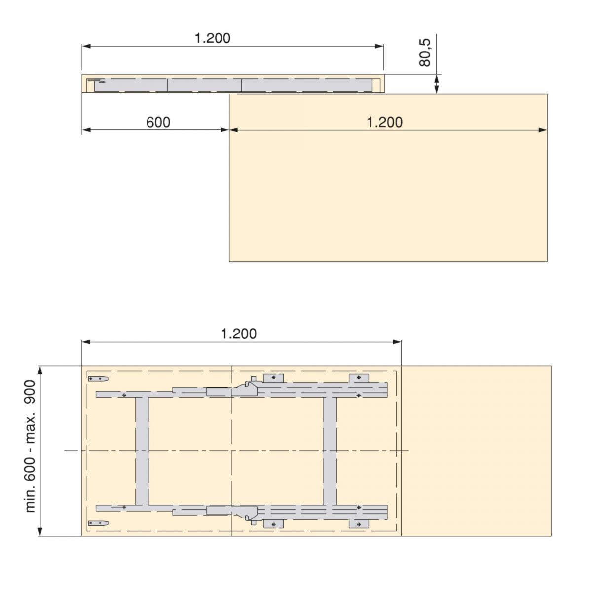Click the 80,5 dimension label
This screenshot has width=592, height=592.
point(425,52)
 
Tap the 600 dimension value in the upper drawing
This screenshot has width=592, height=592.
point(158,122)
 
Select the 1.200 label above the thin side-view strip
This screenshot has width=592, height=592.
point(213,38)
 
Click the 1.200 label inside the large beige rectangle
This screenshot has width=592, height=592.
point(384,122)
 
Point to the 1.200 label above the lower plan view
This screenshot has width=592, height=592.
point(238,333)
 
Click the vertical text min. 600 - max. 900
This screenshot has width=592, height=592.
point(31,446)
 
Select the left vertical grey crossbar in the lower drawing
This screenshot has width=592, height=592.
point(142,450)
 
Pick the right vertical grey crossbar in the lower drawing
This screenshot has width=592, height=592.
point(330,450)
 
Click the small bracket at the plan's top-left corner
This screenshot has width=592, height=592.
point(98,379)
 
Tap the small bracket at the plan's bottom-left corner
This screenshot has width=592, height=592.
point(98,523)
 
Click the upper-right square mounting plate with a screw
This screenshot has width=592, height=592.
point(359,378)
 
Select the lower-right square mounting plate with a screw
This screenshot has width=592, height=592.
point(359,523)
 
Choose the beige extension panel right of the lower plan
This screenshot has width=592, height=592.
point(476,450)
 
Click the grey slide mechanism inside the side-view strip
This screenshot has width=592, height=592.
point(232,85)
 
